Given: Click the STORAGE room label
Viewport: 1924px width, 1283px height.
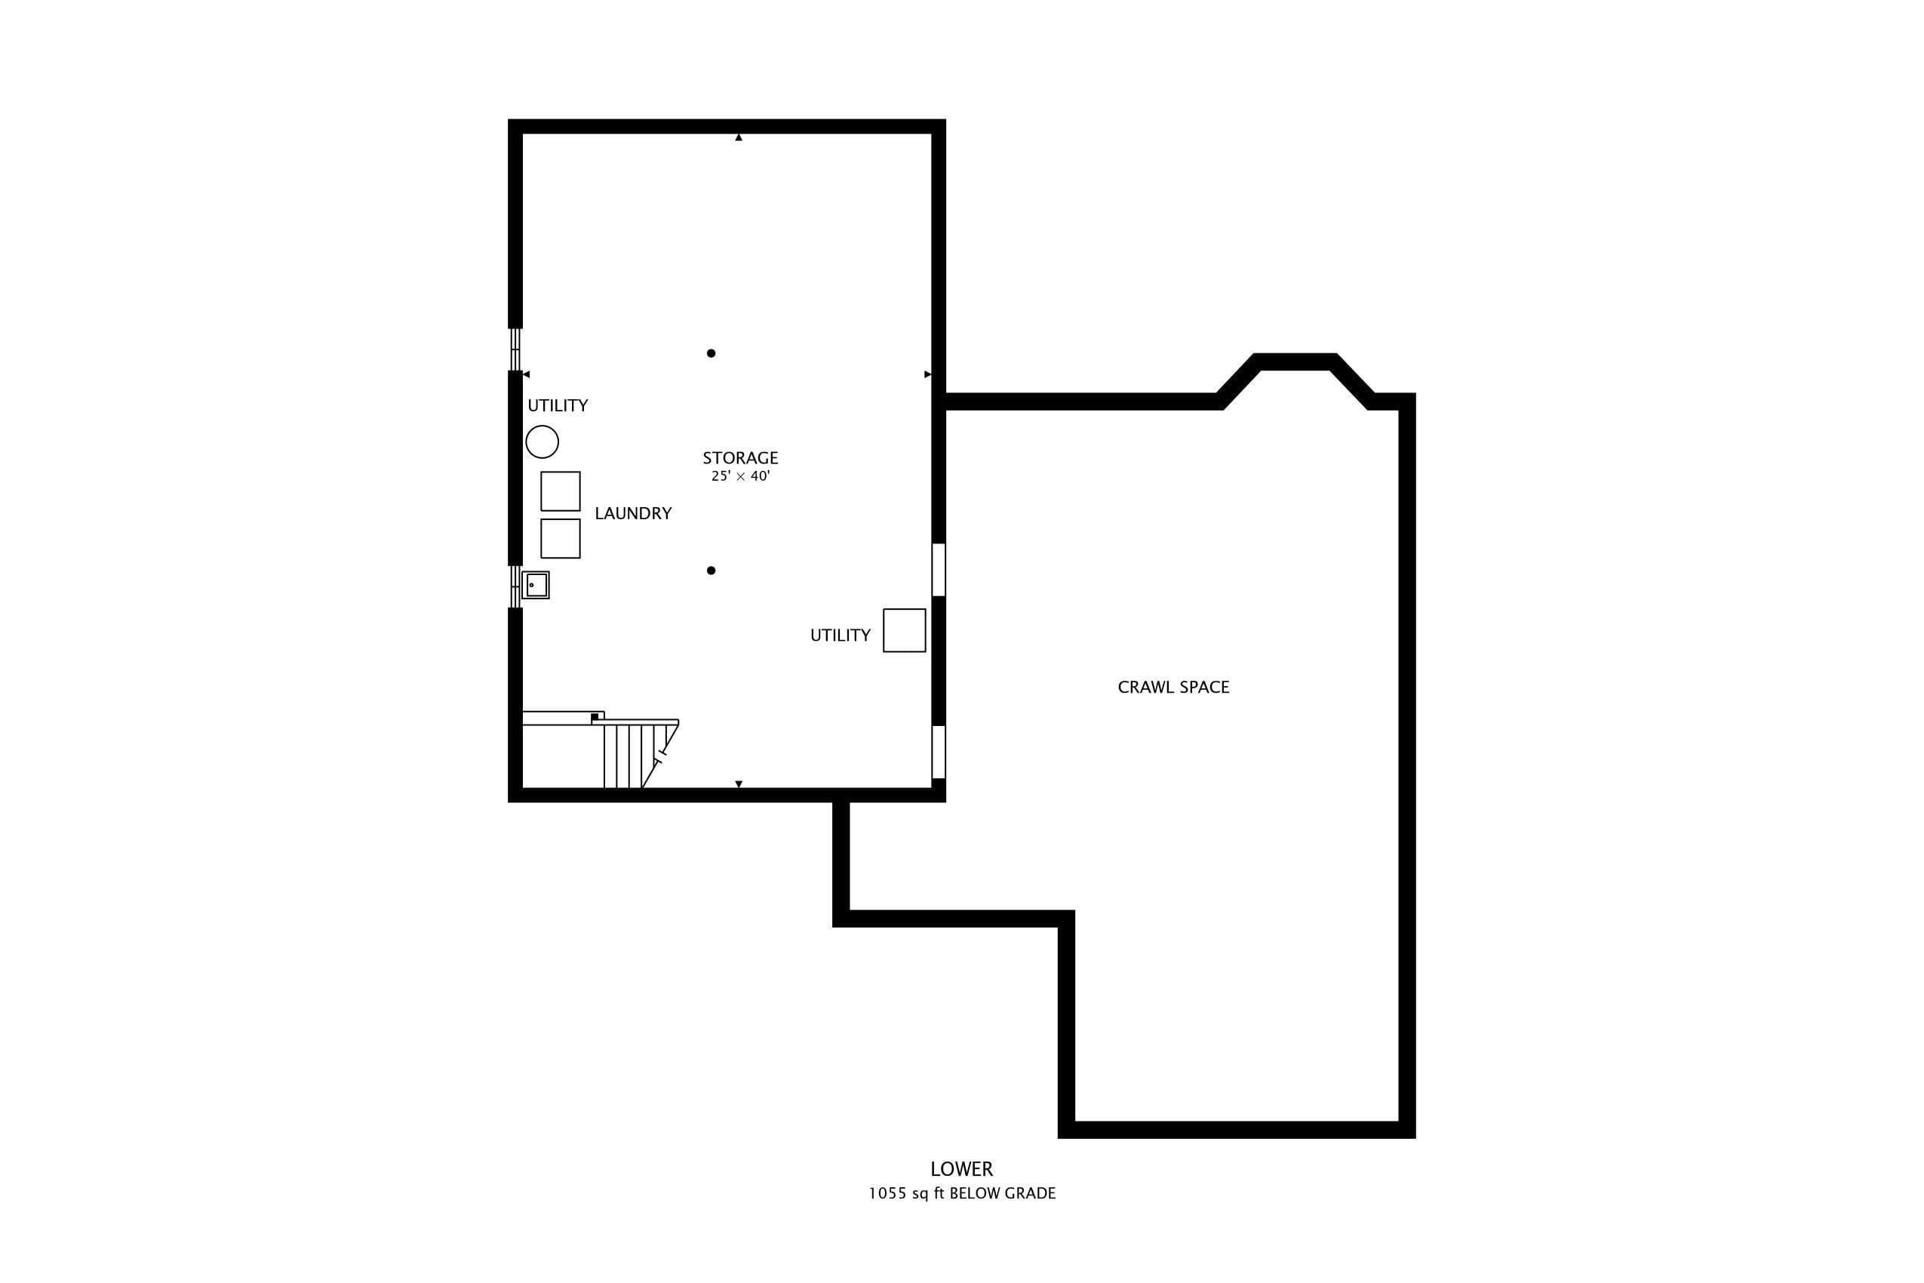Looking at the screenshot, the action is click(739, 458).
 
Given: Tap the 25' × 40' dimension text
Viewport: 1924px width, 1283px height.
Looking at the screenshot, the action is click(740, 476).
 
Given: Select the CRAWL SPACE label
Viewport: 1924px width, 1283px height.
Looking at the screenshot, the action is click(1173, 688).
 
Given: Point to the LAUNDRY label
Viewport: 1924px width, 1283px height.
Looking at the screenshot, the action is click(633, 514).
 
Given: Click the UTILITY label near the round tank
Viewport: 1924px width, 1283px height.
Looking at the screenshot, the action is click(557, 406).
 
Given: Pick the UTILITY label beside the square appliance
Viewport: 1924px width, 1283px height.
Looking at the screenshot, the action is click(840, 635).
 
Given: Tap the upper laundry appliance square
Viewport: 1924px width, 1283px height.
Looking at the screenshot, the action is click(561, 491).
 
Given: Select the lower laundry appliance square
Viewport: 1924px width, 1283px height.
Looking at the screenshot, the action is click(561, 538).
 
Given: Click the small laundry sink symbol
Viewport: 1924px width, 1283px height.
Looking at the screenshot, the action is click(536, 585).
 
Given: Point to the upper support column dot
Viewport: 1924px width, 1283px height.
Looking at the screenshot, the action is click(711, 353).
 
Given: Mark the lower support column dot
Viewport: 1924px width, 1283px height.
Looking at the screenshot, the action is click(711, 571).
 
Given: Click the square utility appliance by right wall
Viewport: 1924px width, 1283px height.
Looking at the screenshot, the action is click(904, 630).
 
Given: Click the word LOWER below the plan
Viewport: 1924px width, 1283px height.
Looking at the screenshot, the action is click(961, 1169).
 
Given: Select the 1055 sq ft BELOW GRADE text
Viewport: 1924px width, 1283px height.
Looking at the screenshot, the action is click(962, 1194).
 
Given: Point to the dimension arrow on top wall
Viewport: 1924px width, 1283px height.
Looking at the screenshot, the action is click(739, 137).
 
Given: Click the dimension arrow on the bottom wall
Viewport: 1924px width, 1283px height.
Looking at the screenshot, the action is click(739, 784).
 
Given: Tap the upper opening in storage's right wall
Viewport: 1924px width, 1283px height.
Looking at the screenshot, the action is click(939, 570).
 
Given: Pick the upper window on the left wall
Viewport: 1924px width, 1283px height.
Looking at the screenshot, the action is click(515, 349).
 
